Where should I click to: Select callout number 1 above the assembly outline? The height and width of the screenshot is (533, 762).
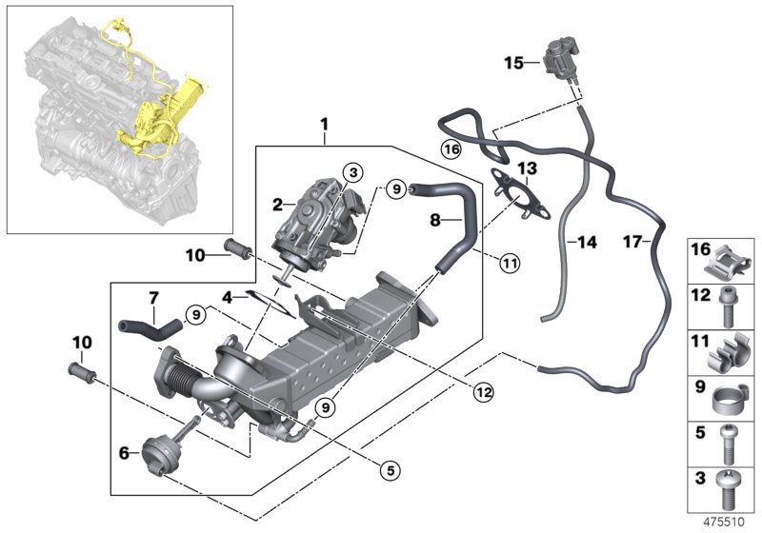click(324, 125)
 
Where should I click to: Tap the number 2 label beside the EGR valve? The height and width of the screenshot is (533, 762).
click(276, 204)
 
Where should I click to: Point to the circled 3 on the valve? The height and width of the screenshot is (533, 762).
click(352, 172)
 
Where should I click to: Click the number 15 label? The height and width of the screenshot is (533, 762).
click(513, 63)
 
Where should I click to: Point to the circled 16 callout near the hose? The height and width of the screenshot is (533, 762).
click(451, 148)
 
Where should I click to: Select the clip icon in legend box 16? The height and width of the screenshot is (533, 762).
click(728, 260)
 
